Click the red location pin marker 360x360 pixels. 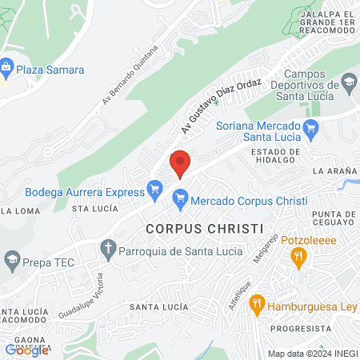(x=181, y=163)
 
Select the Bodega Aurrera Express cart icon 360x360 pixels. (x=155, y=190)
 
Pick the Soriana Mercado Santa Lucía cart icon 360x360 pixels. (x=313, y=126)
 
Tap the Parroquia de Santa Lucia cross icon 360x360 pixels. (x=108, y=250)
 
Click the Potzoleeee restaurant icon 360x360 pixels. (x=299, y=256)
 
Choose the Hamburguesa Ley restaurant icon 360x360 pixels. (x=257, y=303)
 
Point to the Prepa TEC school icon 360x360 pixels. (x=12, y=259)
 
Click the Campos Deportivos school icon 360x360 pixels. (x=349, y=82)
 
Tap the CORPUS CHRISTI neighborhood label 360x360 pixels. (x=205, y=228)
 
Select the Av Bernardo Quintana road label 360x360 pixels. (x=130, y=75)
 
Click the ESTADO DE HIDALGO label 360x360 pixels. (x=275, y=156)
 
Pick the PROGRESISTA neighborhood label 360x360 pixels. (x=300, y=329)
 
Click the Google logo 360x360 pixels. (x=26, y=350)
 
